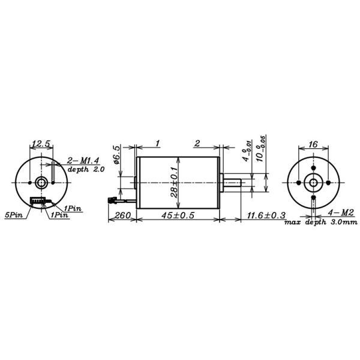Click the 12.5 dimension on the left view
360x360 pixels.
pos(41,144)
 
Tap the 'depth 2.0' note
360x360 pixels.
pos(86,170)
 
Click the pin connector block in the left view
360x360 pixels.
pos(38,200)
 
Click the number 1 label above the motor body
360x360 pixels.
pos(157,144)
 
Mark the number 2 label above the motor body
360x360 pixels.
pos(197,144)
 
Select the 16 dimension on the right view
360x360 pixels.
pos(313,144)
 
